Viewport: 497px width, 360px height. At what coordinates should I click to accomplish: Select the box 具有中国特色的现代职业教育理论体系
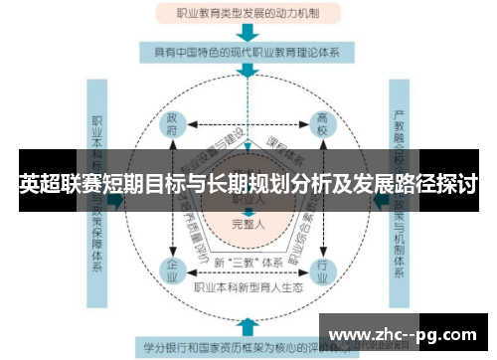click(246, 51)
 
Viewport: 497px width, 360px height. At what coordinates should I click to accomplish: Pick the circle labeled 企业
click(171, 269)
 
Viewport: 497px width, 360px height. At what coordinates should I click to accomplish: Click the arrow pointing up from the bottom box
click(246, 326)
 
